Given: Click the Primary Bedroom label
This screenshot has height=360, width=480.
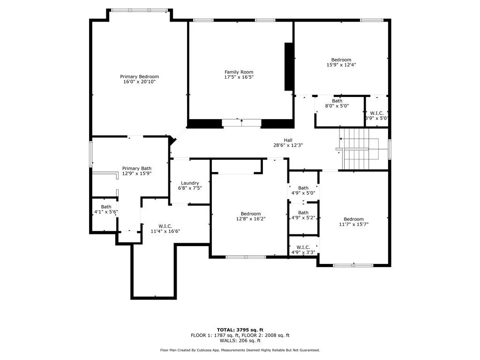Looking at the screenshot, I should pos(139,76).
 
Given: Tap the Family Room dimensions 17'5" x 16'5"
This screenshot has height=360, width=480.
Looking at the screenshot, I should pos(239,77).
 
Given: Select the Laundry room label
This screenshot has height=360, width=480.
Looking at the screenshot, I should pos(189,183).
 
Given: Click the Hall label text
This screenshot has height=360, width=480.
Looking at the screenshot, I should pos(288,140).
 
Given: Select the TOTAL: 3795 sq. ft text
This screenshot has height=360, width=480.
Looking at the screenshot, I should pos(240,330).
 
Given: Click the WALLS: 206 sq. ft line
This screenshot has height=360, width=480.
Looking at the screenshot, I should pos(240,340).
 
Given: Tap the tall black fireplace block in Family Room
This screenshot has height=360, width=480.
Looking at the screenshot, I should pos(289,67).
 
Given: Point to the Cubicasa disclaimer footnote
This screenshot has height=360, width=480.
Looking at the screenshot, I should pos(240,350).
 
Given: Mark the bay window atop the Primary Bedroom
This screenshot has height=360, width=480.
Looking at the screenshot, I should pos(139,10).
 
